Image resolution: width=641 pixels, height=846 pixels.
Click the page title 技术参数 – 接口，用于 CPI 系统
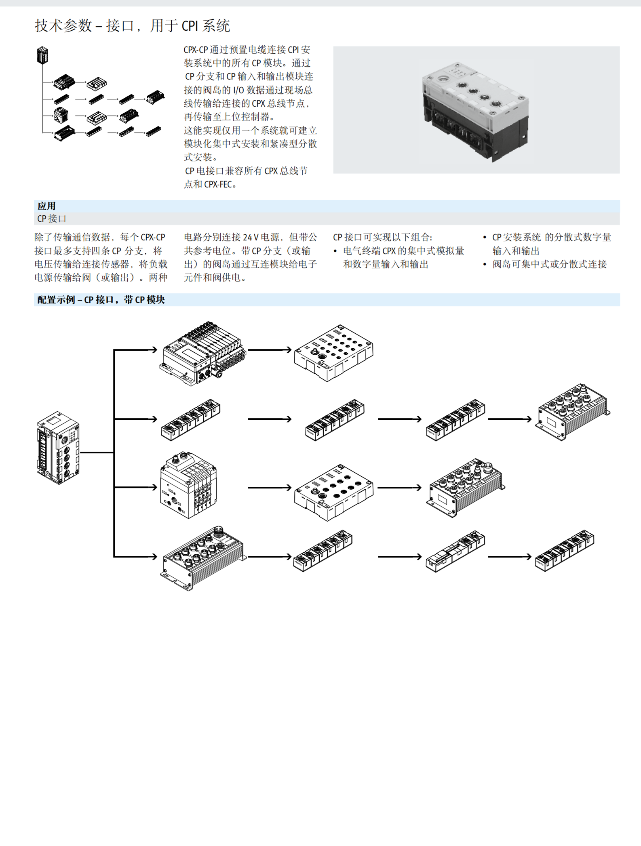(132, 26)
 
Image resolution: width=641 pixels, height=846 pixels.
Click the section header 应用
(46, 206)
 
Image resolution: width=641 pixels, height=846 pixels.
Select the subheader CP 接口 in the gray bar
(52, 219)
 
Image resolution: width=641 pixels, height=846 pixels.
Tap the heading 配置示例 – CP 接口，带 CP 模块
(101, 300)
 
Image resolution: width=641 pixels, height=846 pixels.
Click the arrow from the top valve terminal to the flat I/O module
(269, 349)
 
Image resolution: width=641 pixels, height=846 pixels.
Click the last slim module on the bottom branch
(565, 550)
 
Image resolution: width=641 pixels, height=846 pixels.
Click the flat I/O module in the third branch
(333, 492)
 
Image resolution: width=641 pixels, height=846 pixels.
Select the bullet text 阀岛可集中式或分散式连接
(549, 264)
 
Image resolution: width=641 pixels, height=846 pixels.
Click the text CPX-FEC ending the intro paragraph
(218, 184)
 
